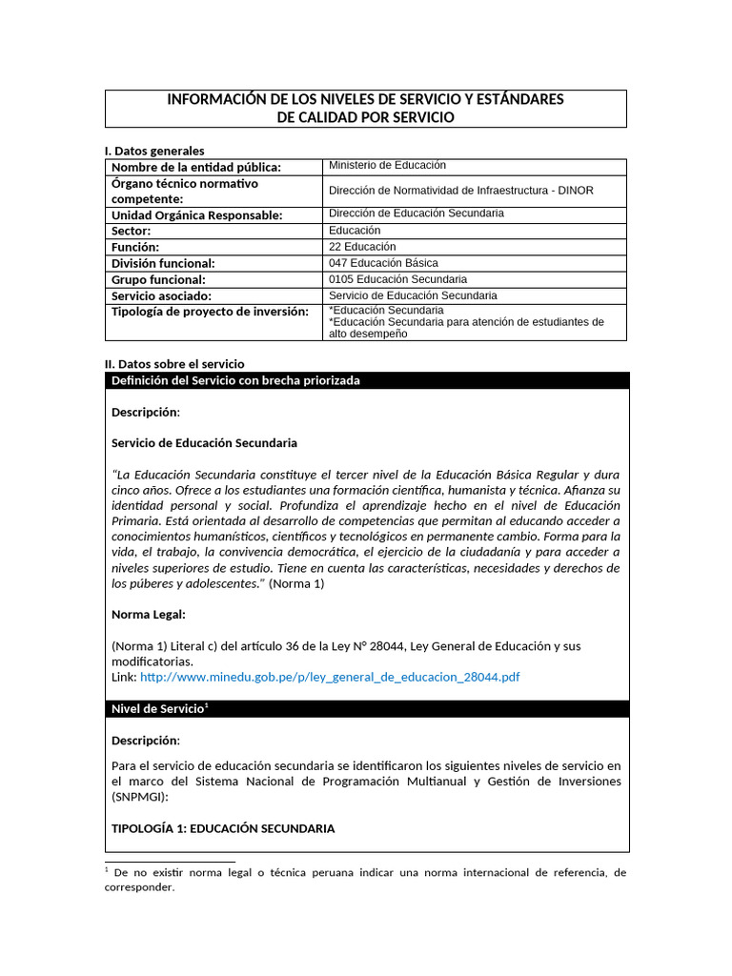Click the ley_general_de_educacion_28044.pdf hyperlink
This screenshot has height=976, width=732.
[x=330, y=677]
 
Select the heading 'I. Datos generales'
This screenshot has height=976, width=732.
[x=153, y=151]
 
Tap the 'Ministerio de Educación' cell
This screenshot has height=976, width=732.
[x=387, y=166]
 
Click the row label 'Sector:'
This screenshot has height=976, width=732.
[x=132, y=231]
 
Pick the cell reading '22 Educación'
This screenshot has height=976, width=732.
[x=362, y=247]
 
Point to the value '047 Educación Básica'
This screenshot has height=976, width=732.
[x=383, y=263]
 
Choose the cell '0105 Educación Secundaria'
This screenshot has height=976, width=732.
[x=397, y=279]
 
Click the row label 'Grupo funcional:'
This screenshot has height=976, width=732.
[x=158, y=279]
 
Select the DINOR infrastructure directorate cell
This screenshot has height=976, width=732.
[x=460, y=191]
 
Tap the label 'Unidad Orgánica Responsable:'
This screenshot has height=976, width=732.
[x=196, y=215]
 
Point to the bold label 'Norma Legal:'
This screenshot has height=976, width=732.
[x=148, y=614]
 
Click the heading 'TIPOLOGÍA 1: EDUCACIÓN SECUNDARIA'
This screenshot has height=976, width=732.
[x=223, y=828]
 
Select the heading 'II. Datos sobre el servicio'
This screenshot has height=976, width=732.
[x=173, y=364]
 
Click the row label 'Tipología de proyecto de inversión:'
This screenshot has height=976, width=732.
[x=210, y=312]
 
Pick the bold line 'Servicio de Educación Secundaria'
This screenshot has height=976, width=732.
[x=204, y=443]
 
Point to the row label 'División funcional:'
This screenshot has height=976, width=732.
[x=163, y=263]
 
